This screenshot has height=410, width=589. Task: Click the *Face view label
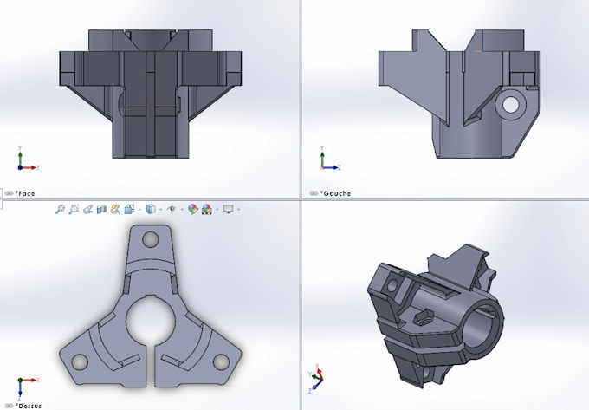point(25,193)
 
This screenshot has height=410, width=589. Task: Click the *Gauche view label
point(335,193)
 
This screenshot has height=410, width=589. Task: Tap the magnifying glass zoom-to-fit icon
point(60,209)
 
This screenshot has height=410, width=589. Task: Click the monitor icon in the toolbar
point(229,209)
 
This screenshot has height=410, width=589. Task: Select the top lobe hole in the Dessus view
point(151,238)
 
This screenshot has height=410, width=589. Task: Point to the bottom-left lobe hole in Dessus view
point(79,361)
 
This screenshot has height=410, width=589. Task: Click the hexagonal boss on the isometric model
point(426,318)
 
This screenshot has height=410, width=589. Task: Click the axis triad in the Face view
point(24,161)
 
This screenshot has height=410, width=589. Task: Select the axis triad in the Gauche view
point(326,161)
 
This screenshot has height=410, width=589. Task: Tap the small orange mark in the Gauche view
point(478,51)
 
